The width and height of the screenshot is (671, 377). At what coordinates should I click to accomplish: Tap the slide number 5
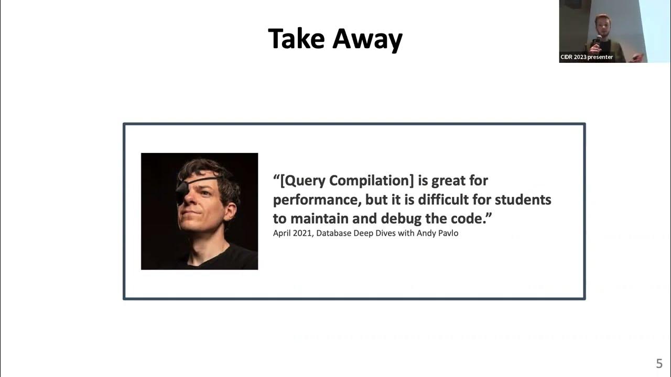point(659,364)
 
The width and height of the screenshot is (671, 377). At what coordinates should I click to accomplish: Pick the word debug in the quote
point(402,218)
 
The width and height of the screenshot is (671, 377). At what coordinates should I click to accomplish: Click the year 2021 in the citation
point(302,233)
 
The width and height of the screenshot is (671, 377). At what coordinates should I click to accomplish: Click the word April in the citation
point(283,233)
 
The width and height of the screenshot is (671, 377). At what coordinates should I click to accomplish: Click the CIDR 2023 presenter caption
point(587,57)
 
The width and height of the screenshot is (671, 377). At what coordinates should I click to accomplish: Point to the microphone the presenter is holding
point(598,40)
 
